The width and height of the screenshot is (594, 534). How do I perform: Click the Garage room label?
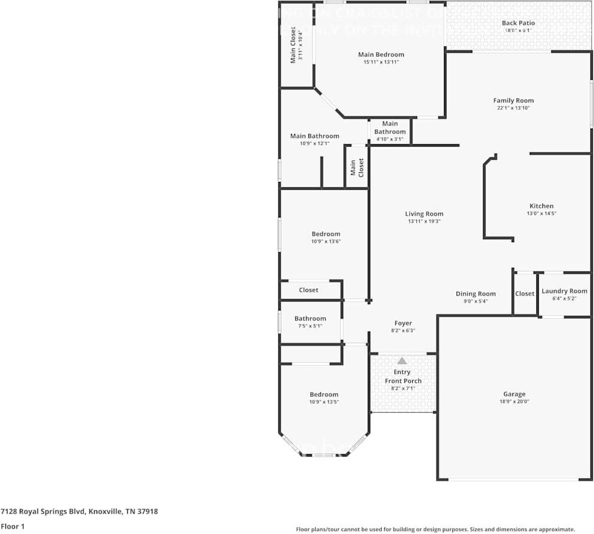[514, 395]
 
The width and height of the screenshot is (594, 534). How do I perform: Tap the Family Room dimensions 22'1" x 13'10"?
[513, 108]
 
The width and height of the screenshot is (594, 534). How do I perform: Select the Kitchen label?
[541, 206]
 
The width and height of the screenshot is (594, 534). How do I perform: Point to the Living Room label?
[424, 214]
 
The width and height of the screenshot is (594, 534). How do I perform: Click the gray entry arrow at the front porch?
[402, 360]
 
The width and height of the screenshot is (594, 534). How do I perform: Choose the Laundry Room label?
[564, 291]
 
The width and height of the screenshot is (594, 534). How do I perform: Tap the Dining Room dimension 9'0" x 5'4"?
[475, 301]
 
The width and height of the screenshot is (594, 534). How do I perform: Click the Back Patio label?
[518, 23]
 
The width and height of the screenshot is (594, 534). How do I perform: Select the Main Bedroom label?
[381, 55]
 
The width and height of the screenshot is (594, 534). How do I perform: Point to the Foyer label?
[403, 323]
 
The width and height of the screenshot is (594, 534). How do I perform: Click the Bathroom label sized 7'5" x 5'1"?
[310, 318]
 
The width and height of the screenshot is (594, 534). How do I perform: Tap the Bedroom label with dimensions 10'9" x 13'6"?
[326, 234]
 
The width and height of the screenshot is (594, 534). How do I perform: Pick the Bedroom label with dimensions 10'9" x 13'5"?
[324, 395]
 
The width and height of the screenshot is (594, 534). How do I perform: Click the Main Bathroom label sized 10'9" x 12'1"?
[314, 136]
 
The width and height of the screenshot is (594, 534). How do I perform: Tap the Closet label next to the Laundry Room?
[524, 294]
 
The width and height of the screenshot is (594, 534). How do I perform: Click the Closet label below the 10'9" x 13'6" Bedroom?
[308, 290]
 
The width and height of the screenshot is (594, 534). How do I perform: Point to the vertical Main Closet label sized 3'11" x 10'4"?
[293, 44]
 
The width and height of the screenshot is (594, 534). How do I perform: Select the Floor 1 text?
[13, 526]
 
